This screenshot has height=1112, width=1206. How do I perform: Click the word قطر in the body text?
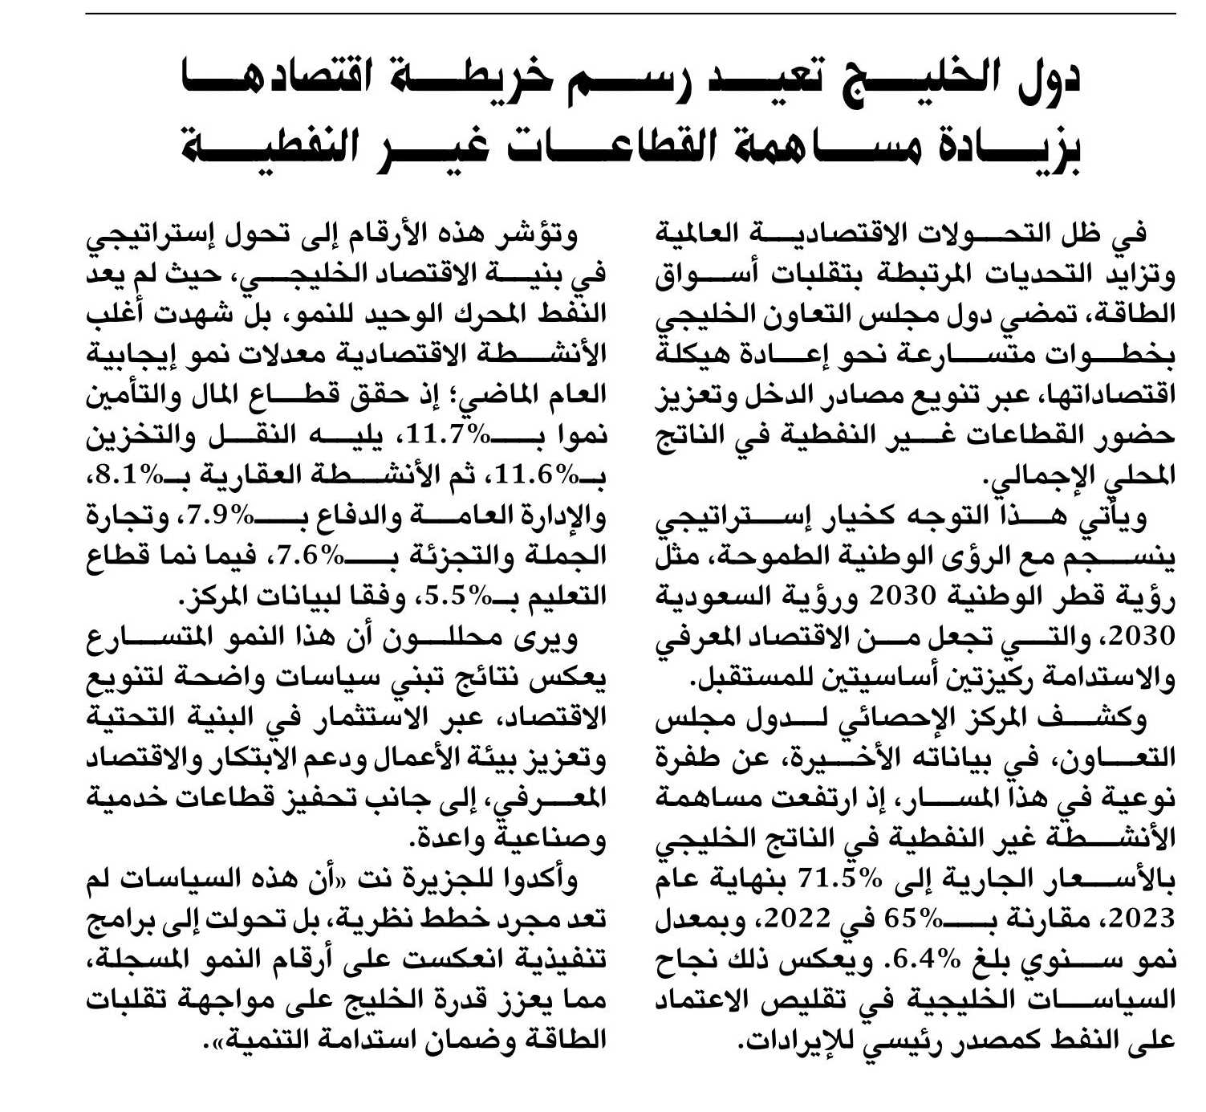pyautogui.click(x=1059, y=597)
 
